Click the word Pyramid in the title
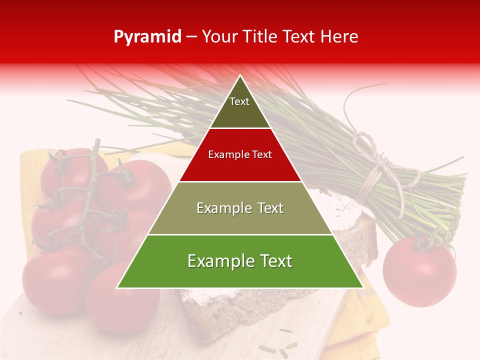click(x=147, y=37)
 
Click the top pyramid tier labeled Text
click(x=239, y=105)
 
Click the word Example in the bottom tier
click(x=217, y=261)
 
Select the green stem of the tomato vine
click(x=85, y=200)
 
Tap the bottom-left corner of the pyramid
click(x=118, y=287)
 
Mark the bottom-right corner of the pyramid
click(x=362, y=287)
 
